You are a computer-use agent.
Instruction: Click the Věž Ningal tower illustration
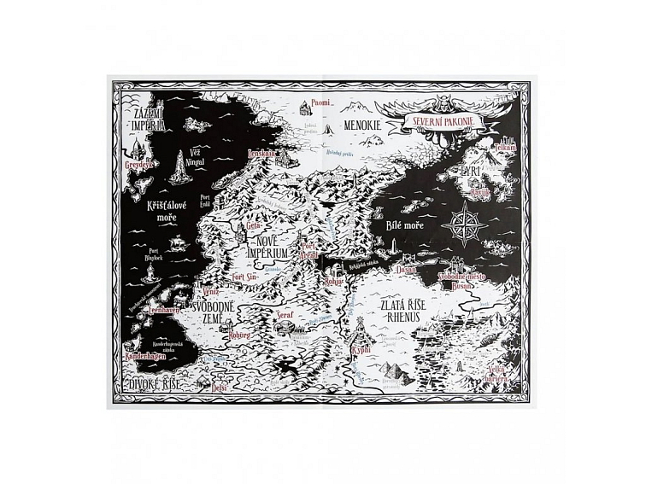point(182,169)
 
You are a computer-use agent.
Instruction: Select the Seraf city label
point(286,314)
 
